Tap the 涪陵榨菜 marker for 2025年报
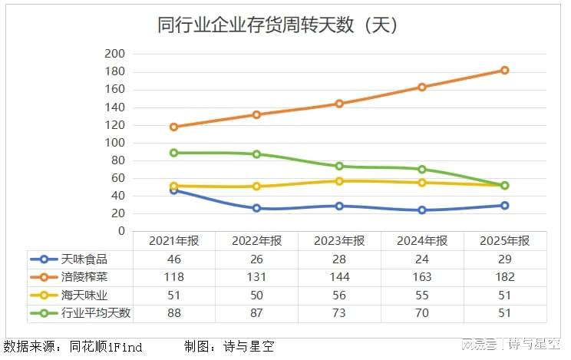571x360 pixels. point(505,70)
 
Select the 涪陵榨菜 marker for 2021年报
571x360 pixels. point(173,127)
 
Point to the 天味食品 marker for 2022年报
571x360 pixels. point(256,208)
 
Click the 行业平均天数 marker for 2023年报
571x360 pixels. point(339,166)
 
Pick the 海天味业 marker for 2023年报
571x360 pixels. point(339,181)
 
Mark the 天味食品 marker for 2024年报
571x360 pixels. point(422,210)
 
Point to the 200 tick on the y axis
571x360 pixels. point(114,54)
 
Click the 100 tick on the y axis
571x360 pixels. point(114,143)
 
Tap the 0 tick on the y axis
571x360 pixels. point(120,231)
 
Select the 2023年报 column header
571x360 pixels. point(339,241)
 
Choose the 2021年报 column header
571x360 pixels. point(173,241)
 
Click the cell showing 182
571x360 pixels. point(505,277)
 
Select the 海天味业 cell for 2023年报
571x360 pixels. point(339,295)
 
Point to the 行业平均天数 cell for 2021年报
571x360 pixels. point(173,312)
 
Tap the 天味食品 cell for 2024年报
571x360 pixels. point(422,259)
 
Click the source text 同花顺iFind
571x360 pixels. point(106,347)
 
